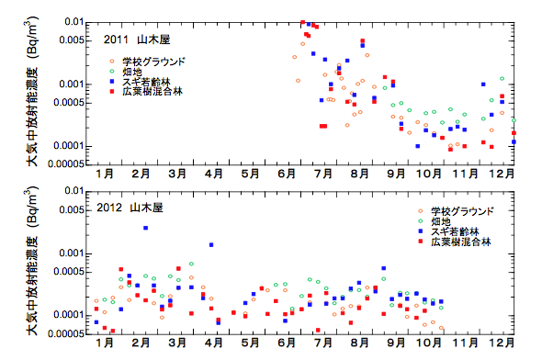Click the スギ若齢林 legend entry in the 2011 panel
pos(147,81)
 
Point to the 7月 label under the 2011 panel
pos(323,172)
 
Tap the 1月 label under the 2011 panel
pos(105,172)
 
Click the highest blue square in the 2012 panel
pos(145,228)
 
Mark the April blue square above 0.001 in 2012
pos(212,245)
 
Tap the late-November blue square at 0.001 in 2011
pos(483,84)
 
